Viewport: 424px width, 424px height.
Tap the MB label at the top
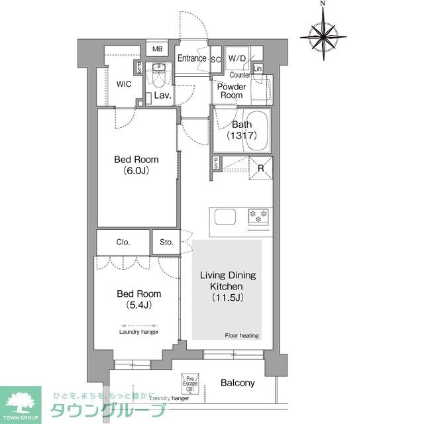(x=158, y=49)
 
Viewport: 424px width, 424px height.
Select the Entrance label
(x=192, y=59)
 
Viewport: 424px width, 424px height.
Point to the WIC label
(x=123, y=84)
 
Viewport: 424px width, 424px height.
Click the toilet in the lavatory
(x=159, y=78)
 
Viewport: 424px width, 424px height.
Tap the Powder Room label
(x=232, y=91)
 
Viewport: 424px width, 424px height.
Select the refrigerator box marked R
(x=261, y=168)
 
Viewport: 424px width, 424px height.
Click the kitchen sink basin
(x=224, y=217)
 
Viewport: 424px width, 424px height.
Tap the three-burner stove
(x=258, y=215)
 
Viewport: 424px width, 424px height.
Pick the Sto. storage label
(x=166, y=242)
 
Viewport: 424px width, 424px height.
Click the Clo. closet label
(x=123, y=242)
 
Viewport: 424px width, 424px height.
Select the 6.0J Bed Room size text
(x=136, y=170)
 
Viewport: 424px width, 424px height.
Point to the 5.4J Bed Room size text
(x=138, y=305)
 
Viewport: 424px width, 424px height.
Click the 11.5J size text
(x=227, y=297)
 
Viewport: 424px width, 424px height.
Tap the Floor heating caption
(x=242, y=335)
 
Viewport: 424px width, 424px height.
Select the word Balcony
(x=237, y=383)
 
